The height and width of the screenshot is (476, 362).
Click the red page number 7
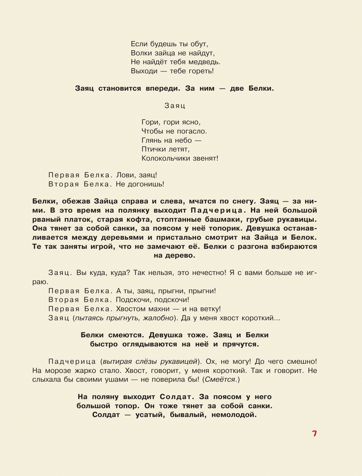(x=314, y=434)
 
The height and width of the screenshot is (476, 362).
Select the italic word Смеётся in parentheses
(x=220, y=380)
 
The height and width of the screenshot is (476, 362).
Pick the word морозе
(x=59, y=371)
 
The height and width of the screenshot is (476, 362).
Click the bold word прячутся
(x=241, y=344)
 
